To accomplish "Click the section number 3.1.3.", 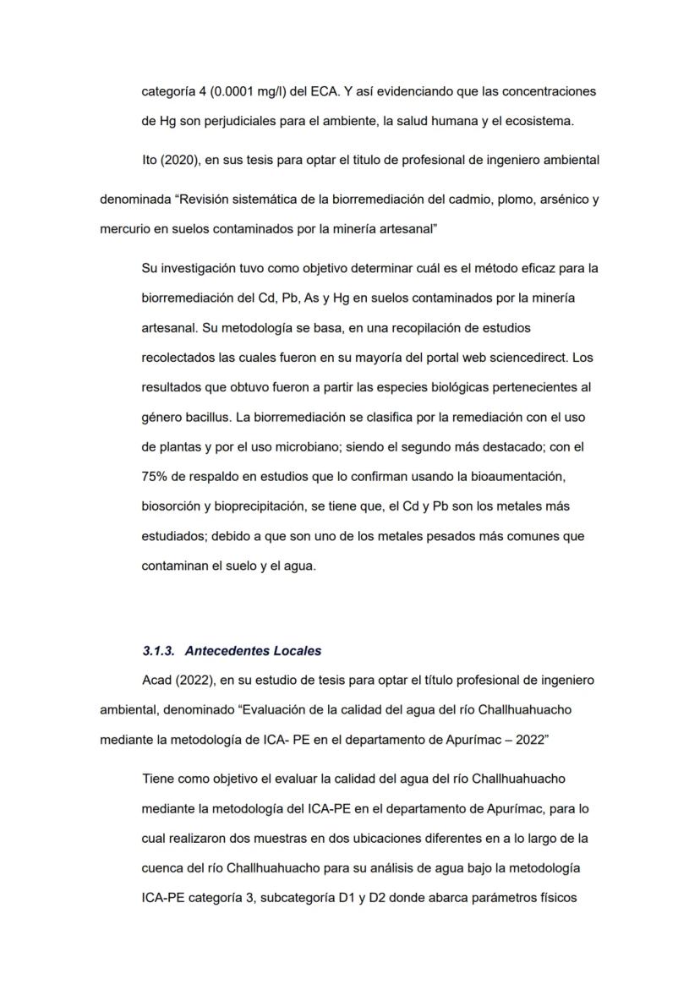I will click(159, 651).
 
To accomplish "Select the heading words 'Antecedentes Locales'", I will click(253, 651).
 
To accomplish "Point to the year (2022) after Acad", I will click(192, 681).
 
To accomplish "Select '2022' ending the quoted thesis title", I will click(532, 740).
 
